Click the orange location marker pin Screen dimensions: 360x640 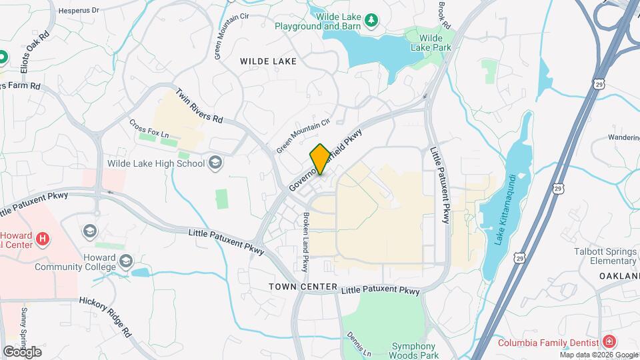320,159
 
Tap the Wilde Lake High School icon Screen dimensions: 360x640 215,163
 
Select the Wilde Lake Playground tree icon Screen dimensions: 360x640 372,21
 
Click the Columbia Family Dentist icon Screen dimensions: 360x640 609,342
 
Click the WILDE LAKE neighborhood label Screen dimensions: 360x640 269,61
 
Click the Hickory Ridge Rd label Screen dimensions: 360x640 105,313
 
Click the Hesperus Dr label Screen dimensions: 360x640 79,11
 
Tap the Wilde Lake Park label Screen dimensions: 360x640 431,43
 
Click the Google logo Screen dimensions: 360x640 22,351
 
